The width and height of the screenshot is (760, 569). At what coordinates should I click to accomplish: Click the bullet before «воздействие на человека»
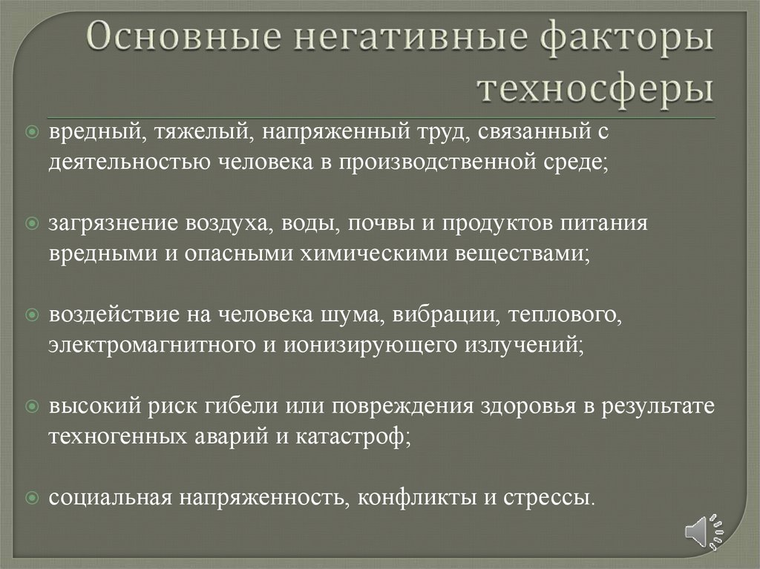pyautogui.click(x=31, y=315)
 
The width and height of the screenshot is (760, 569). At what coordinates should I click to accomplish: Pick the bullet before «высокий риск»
pyautogui.click(x=31, y=407)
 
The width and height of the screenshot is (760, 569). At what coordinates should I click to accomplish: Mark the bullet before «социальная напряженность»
pyautogui.click(x=31, y=497)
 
